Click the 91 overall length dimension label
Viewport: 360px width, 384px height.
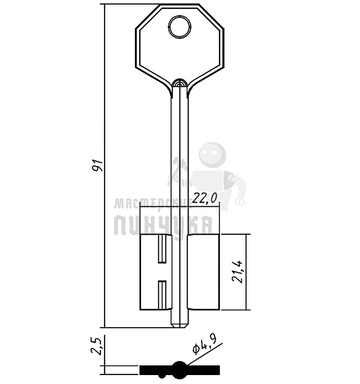click(98, 166)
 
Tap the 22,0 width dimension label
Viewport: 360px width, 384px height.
click(205, 198)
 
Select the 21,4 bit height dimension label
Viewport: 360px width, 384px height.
click(238, 271)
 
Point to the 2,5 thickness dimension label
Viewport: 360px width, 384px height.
click(96, 346)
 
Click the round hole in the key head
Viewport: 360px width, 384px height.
click(180, 27)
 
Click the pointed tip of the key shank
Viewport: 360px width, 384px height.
click(180, 327)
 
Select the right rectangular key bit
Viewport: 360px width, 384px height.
click(204, 272)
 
